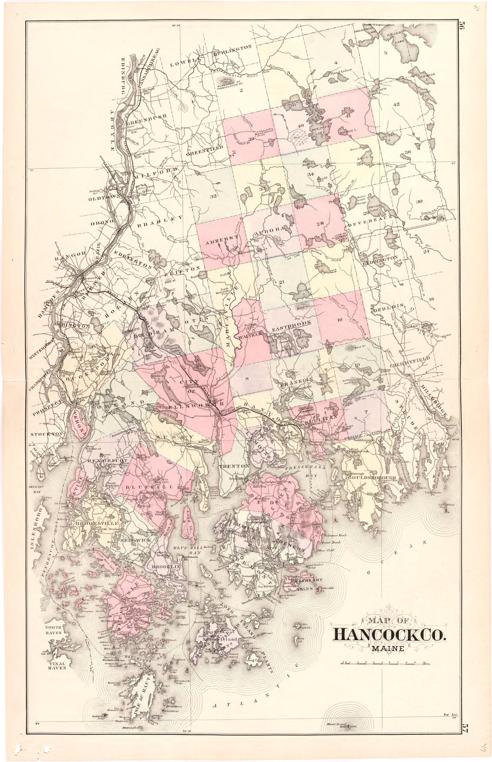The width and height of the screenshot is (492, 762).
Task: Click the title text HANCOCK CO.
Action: pyautogui.click(x=389, y=635)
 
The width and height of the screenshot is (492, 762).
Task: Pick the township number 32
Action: pyautogui.click(x=213, y=196)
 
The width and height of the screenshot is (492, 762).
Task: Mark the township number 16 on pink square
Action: pyautogui.click(x=339, y=319)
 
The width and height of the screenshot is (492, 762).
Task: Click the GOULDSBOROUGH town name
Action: pyautogui.click(x=371, y=478)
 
